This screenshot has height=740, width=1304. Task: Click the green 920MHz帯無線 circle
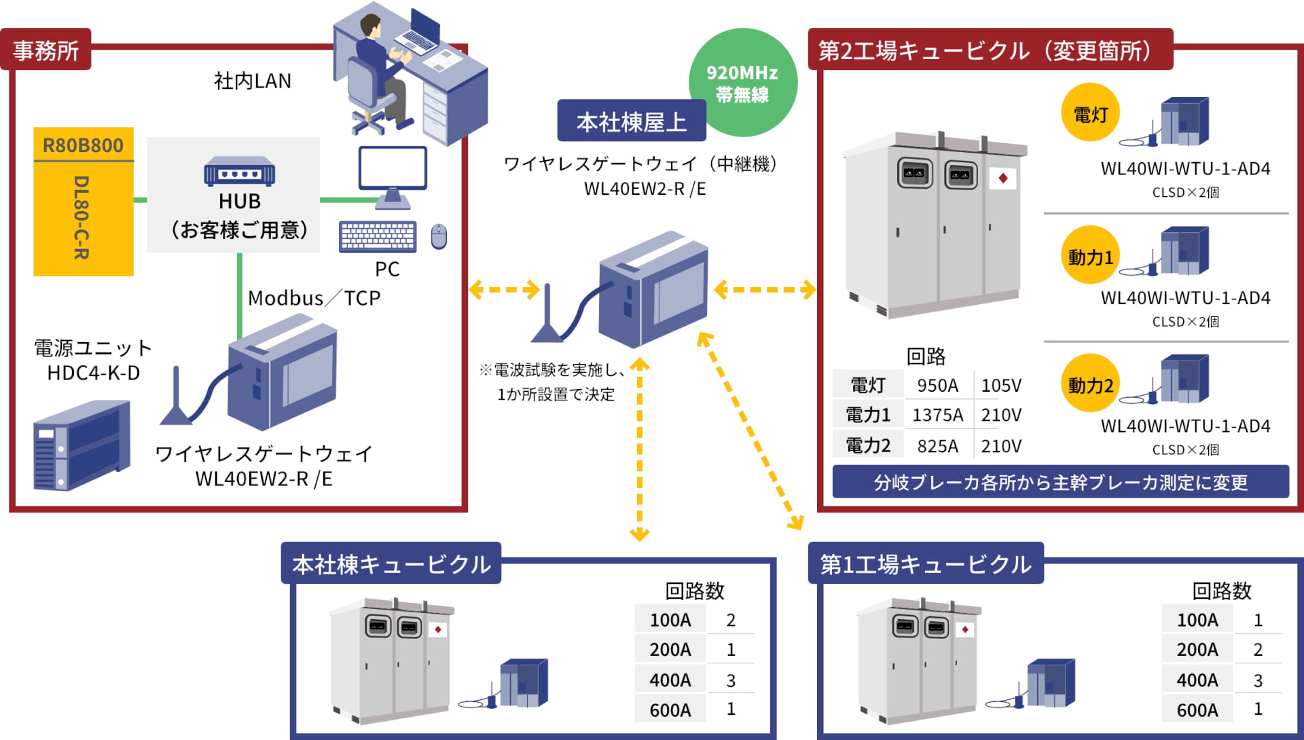pos(743,82)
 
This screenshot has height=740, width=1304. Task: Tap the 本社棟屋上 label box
pos(631,122)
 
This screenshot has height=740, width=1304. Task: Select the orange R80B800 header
pos(83,145)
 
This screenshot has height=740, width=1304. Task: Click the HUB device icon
pos(239,172)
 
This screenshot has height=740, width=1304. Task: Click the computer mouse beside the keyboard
pos(439,236)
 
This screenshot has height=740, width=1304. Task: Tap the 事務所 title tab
pos(46,50)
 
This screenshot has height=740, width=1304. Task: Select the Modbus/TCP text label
pos(314,298)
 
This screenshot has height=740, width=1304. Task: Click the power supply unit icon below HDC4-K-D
pos(81,445)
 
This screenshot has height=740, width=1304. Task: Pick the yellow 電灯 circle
pos(1089,113)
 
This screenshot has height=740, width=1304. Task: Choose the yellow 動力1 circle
pos(1089,256)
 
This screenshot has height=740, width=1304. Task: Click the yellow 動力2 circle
pos(1089,384)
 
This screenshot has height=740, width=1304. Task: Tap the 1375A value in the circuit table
pos(937,415)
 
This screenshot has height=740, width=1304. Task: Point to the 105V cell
pos(1001,386)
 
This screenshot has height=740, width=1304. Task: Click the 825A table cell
pos(937,446)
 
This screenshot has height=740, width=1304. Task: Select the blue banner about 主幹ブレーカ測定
pos(1060,482)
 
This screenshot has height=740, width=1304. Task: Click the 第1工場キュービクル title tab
pos(925,563)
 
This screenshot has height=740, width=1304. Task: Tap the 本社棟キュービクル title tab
pos(391,563)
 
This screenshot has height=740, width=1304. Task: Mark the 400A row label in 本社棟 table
pos(670,680)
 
